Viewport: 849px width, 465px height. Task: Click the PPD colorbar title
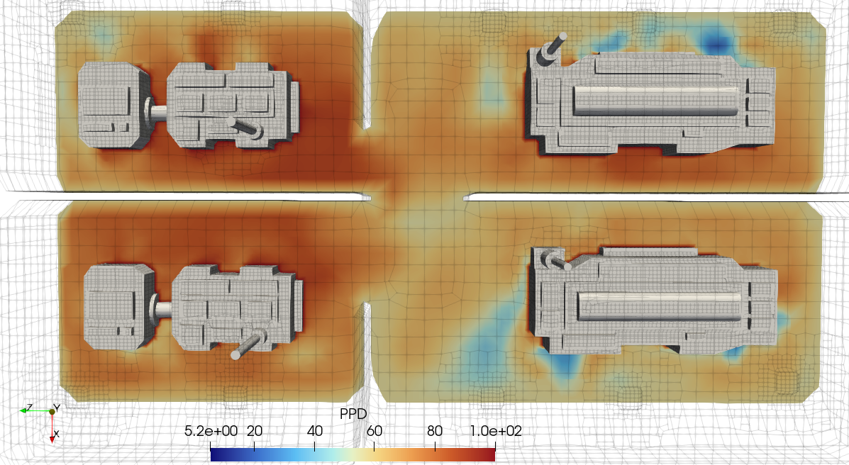pos(353,414)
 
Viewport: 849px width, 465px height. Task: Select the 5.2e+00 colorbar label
pos(211,431)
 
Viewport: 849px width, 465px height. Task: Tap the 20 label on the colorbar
pos(255,431)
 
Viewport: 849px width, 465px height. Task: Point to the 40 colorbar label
pos(315,431)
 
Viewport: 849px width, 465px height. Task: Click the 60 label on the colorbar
pos(374,431)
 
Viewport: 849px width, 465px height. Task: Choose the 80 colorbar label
pos(435,431)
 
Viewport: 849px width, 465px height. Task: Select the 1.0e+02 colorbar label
pos(496,431)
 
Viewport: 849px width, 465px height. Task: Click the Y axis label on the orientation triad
pos(56,408)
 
